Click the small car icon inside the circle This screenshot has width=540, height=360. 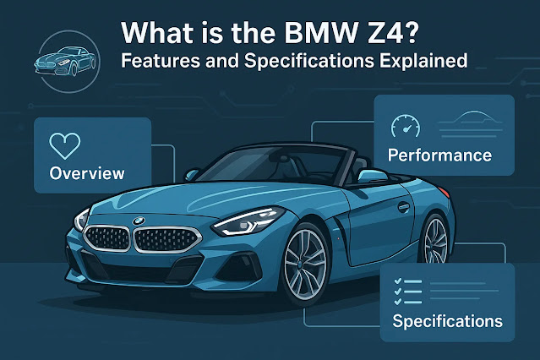57,61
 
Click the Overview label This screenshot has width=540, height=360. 87,173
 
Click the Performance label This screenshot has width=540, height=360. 439,155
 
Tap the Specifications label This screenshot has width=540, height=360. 447,321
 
